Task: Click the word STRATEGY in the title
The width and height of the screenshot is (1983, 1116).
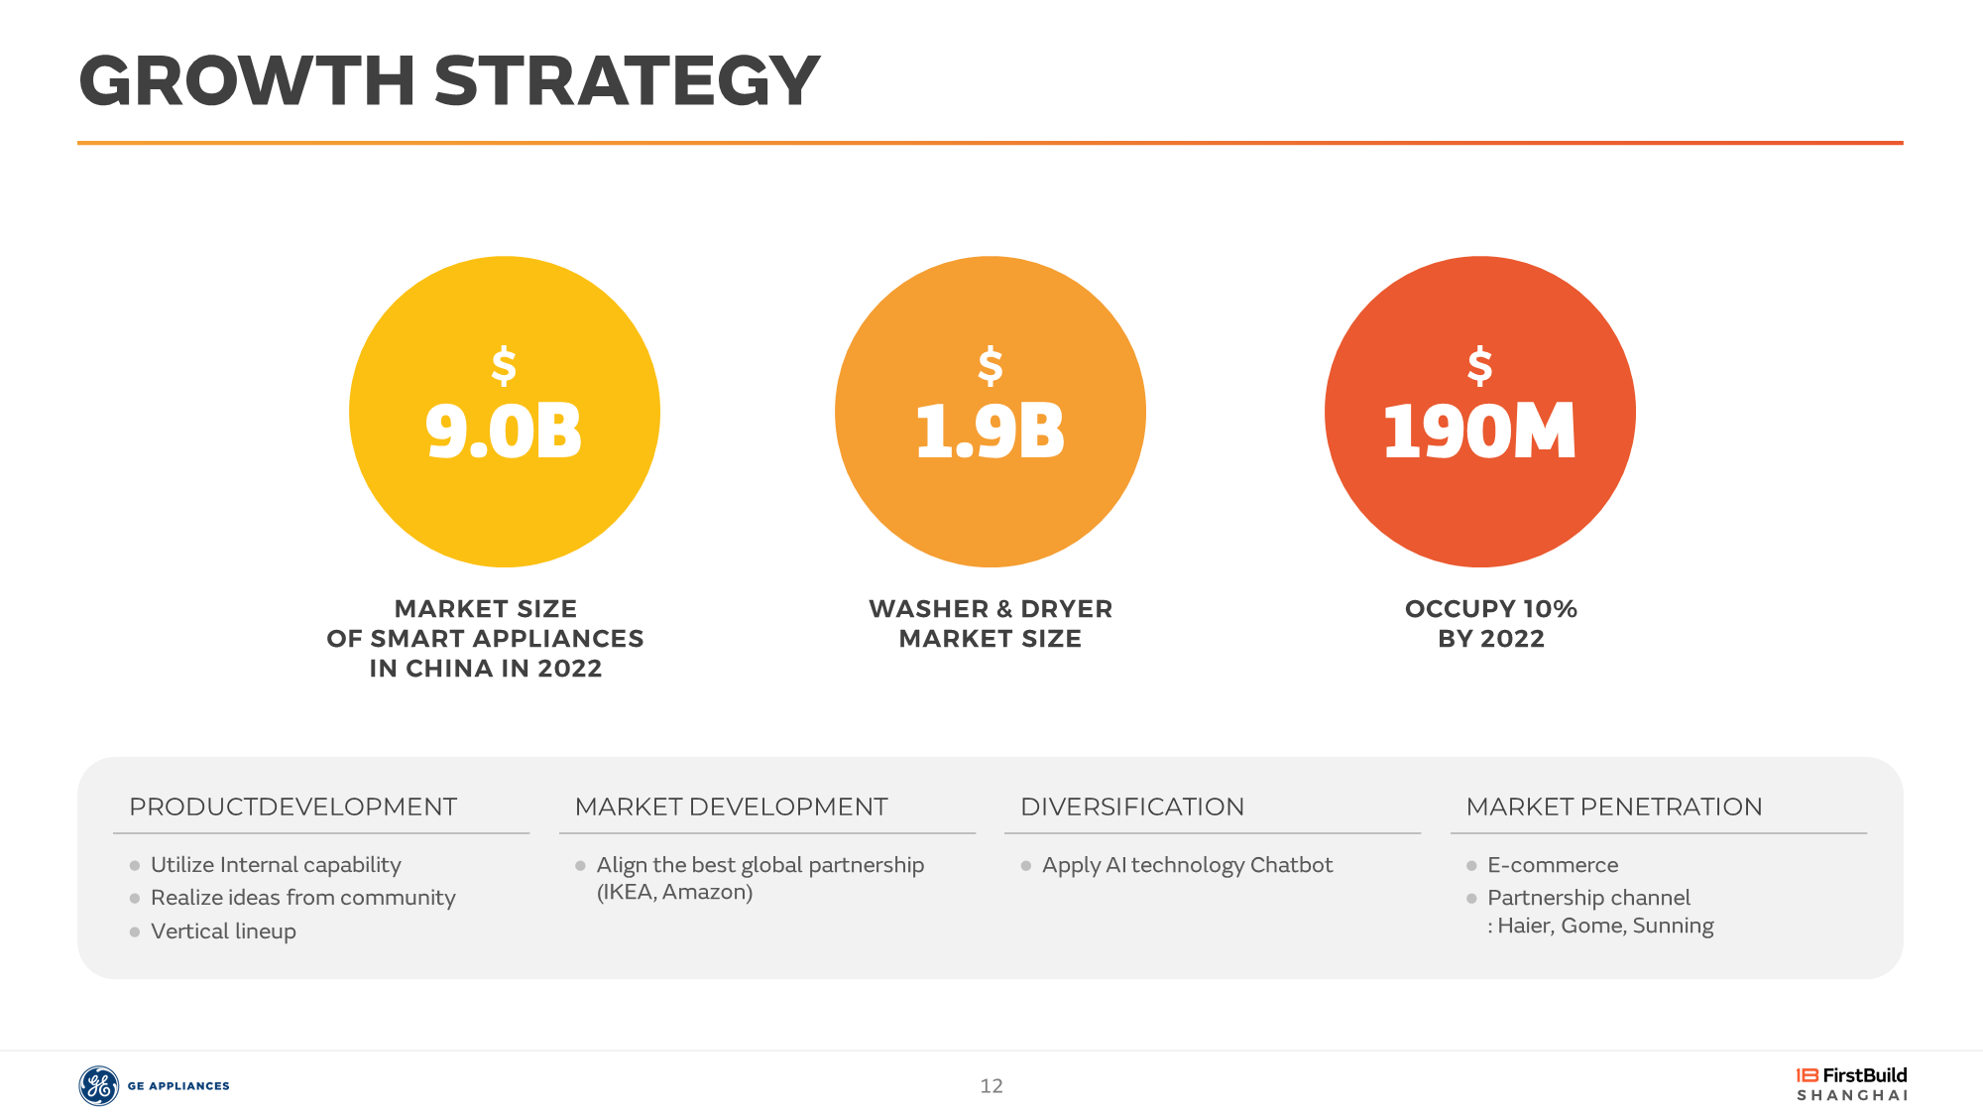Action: click(628, 80)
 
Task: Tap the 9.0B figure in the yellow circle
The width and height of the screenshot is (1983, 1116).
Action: click(504, 432)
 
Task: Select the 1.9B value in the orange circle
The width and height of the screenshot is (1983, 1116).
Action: click(990, 432)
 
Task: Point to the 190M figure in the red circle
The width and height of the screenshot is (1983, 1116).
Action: click(1479, 432)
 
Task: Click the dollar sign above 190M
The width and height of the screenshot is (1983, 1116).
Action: click(1480, 365)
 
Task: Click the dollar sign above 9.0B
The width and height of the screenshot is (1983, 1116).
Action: click(504, 365)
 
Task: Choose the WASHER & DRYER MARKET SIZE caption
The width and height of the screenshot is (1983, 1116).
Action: click(991, 624)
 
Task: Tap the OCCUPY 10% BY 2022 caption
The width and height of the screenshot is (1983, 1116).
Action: click(1491, 624)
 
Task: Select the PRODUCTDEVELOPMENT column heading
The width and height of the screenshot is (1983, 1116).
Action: click(293, 806)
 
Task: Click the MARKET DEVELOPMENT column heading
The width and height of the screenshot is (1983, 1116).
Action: click(732, 806)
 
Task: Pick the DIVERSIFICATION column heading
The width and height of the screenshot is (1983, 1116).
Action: click(1132, 806)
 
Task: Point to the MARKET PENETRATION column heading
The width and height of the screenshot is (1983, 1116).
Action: click(1614, 806)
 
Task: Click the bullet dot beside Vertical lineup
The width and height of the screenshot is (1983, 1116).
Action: click(135, 932)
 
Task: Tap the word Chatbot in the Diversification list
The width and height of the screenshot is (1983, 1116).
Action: click(1291, 865)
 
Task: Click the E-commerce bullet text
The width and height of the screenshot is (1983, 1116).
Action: click(1553, 865)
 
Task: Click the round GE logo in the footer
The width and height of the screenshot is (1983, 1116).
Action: click(99, 1086)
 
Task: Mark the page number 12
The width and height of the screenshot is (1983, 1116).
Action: click(991, 1086)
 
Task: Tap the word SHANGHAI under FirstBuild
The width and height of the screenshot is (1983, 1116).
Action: click(1852, 1095)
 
